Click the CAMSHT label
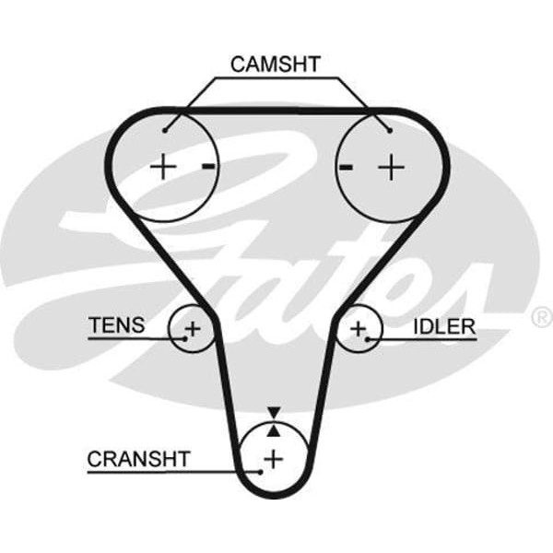[275, 64]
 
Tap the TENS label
[116, 324]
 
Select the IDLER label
[444, 325]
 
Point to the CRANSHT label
[138, 458]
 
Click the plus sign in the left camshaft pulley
[163, 167]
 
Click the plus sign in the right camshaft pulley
[393, 167]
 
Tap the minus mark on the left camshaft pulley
[208, 167]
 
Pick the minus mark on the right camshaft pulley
[347, 167]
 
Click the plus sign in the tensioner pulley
[192, 327]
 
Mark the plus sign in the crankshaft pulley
[273, 457]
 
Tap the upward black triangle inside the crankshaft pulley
[273, 429]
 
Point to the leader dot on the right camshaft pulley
[390, 130]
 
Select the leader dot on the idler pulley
[368, 338]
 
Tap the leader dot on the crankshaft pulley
[261, 471]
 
